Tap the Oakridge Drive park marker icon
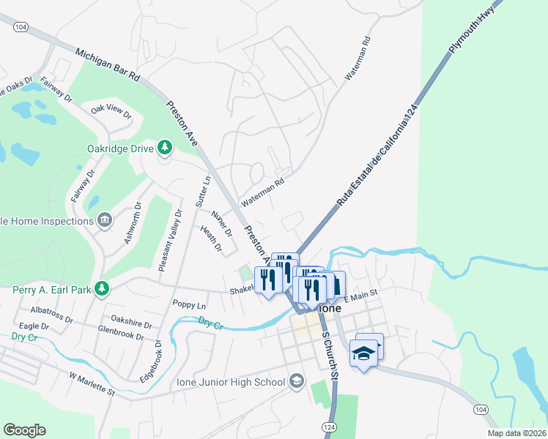click(166, 149)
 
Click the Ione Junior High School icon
click(297, 381)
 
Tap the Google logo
click(24, 430)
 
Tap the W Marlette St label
click(92, 383)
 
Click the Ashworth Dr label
click(132, 225)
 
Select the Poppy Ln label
click(189, 304)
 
